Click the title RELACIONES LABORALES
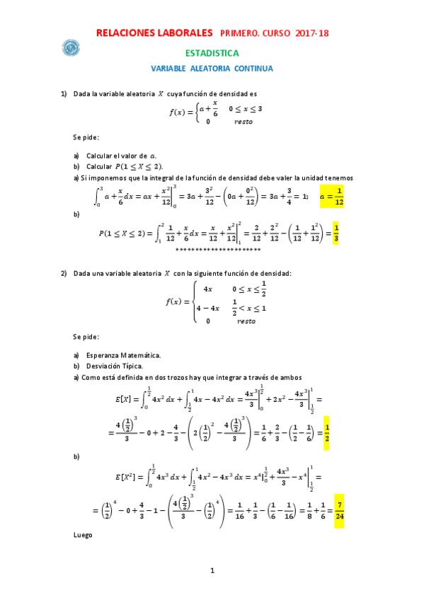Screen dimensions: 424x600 (154, 33)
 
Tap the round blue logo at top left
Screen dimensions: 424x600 (71, 49)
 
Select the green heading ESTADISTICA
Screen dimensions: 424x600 (212, 53)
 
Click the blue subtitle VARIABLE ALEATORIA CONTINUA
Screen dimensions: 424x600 (212, 69)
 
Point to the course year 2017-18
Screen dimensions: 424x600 (311, 33)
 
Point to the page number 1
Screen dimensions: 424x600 (212, 570)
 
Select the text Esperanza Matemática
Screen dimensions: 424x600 (123, 354)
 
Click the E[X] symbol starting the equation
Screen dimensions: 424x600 (125, 401)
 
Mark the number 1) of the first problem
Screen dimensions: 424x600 (64, 93)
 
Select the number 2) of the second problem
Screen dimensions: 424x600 (64, 273)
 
